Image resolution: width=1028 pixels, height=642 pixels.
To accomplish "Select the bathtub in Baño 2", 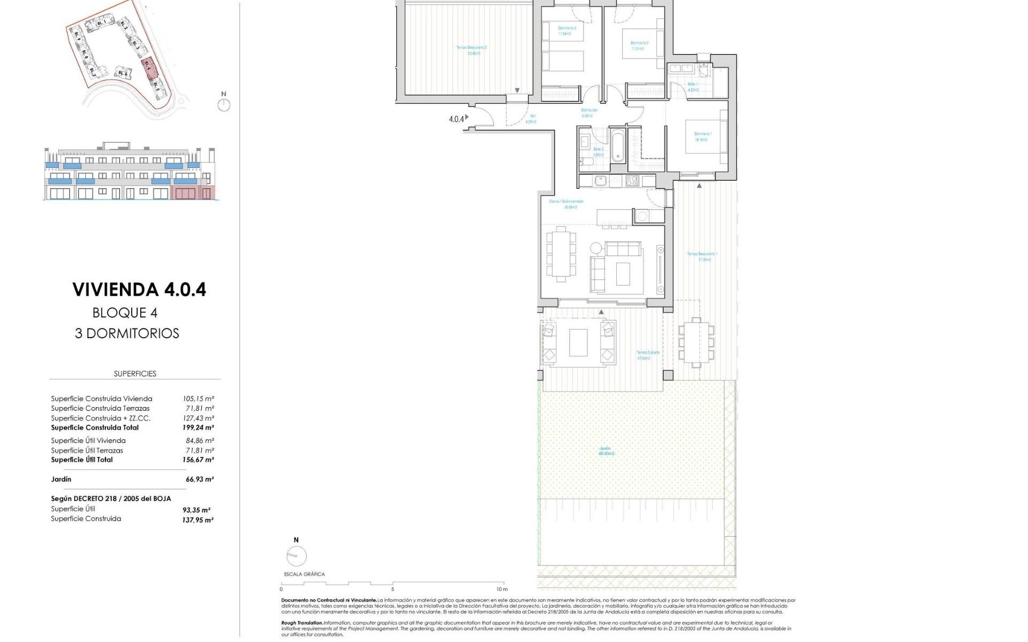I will pyautogui.click(x=617, y=144).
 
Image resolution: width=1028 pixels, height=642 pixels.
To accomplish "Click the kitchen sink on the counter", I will pyautogui.click(x=600, y=181).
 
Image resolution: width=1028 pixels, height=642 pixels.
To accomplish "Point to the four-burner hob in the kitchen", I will pyautogui.click(x=632, y=181).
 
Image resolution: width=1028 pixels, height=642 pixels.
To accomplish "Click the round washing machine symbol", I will pyautogui.click(x=642, y=216).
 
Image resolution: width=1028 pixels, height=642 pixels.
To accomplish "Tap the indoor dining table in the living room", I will pyautogui.click(x=561, y=254).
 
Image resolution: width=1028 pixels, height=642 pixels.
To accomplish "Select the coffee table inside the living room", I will pyautogui.click(x=623, y=273).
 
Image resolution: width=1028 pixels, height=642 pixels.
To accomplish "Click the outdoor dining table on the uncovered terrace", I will pyautogui.click(x=696, y=341).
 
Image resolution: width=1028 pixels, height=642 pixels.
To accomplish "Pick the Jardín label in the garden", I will pyautogui.click(x=606, y=451).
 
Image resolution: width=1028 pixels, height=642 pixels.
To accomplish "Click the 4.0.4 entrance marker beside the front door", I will pyautogui.click(x=456, y=119).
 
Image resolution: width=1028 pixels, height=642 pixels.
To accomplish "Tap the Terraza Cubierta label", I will pyautogui.click(x=647, y=355).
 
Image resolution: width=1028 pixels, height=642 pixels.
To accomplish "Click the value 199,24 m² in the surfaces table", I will pyautogui.click(x=198, y=427).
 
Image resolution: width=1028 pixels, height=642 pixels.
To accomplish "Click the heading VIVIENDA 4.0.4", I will pyautogui.click(x=139, y=289).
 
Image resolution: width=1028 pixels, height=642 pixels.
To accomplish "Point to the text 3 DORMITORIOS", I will pyautogui.click(x=127, y=333).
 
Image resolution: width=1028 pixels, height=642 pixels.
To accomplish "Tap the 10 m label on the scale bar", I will pyautogui.click(x=501, y=589).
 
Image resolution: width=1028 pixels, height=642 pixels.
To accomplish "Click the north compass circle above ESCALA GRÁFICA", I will pyautogui.click(x=296, y=556).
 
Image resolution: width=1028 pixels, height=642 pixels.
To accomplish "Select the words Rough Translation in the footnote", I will pyautogui.click(x=302, y=623).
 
